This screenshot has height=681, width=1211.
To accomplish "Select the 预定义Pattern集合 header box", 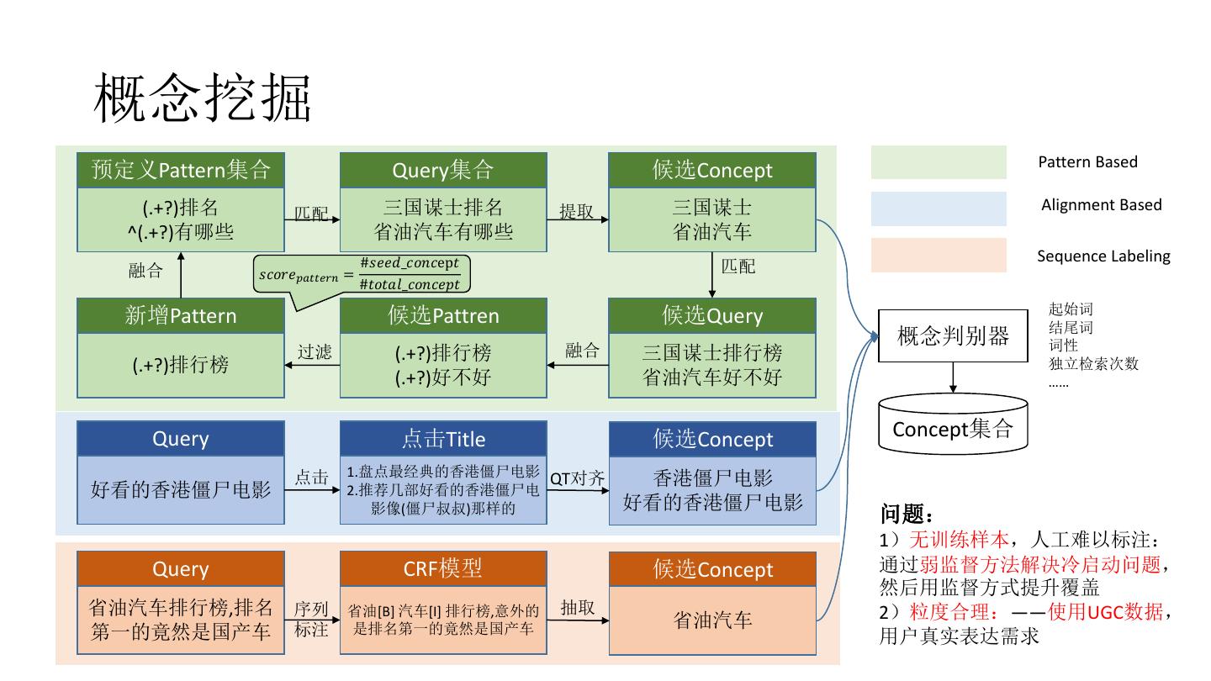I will [181, 170].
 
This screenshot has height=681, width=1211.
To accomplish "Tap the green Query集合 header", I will [443, 170].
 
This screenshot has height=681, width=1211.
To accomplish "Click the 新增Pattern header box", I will [181, 315].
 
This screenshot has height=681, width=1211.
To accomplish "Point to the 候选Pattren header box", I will [443, 315].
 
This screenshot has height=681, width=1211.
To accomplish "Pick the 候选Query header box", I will [712, 315].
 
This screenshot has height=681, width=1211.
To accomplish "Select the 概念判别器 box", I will [953, 336].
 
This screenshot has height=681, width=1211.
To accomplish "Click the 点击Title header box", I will [443, 439].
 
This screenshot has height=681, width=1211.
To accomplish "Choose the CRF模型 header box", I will [443, 568].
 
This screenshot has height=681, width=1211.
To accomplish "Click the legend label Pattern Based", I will [1087, 162].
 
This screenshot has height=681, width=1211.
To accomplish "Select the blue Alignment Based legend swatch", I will [939, 209].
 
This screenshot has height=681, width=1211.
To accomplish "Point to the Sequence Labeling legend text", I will [1103, 256].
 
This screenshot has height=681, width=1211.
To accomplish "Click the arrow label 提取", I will [577, 212].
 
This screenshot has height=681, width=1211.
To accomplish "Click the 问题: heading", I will [907, 514].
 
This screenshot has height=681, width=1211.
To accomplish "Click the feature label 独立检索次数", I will [1093, 364].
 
